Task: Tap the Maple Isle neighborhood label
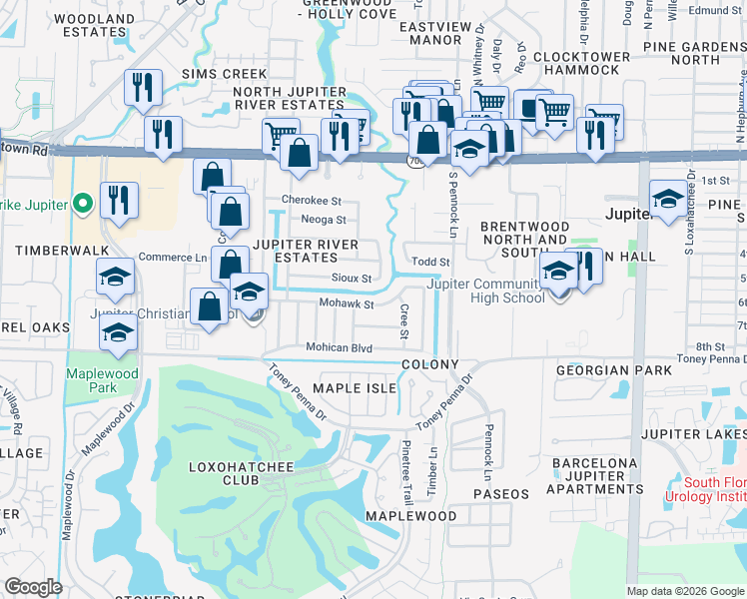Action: [355, 387]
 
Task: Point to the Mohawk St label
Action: [346, 303]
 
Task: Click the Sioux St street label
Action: [351, 279]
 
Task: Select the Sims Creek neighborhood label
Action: [225, 74]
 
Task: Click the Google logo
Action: [33, 587]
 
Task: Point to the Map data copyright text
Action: [684, 591]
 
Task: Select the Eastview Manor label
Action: [431, 34]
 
